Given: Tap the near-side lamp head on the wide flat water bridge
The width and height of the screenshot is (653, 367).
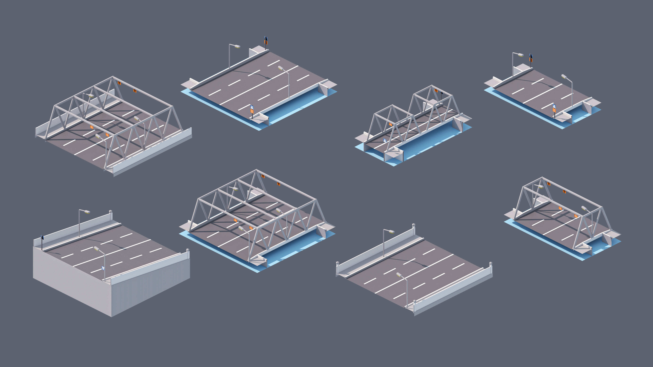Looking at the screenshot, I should click(281, 68).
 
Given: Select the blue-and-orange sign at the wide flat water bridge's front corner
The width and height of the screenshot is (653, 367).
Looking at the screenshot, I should click(252, 109).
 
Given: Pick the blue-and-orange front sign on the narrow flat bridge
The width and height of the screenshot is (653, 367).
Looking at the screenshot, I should click(554, 108).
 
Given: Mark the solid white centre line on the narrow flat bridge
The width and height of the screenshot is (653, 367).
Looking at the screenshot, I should click(542, 94).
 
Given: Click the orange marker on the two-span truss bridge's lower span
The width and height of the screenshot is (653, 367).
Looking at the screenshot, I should click(391, 124).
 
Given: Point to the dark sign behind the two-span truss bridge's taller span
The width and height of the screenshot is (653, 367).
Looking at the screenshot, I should click(442, 93).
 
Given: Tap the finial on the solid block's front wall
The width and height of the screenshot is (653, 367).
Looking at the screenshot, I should click(188, 250).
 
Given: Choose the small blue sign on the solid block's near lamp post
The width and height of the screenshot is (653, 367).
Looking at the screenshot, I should click(103, 268).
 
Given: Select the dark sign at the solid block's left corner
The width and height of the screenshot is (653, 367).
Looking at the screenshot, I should click(42, 238).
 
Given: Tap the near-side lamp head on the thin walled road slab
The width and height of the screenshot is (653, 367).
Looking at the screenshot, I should click(399, 275).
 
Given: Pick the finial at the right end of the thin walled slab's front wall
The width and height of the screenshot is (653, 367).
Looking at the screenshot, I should click(490, 264).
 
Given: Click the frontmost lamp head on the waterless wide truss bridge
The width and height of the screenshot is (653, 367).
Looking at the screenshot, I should click(98, 136).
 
